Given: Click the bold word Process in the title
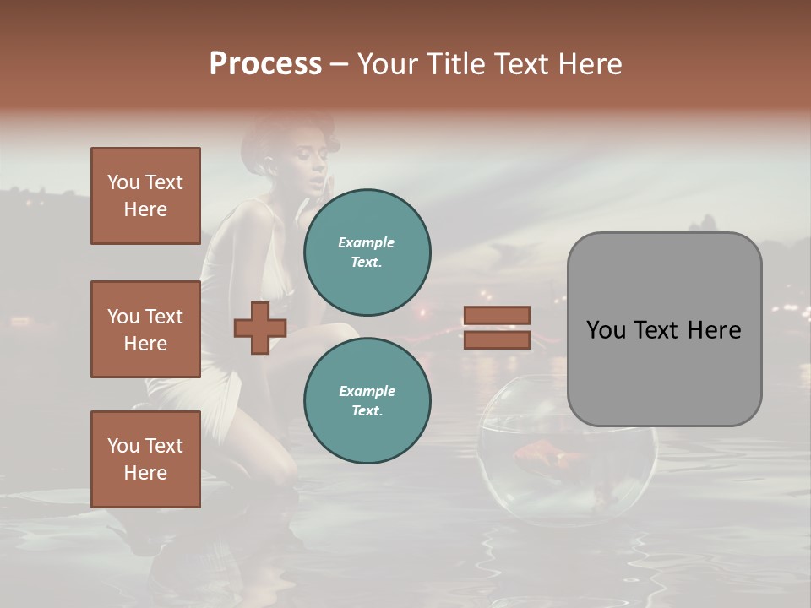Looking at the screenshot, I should pyautogui.click(x=265, y=63).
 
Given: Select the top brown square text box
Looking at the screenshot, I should pyautogui.click(x=145, y=196).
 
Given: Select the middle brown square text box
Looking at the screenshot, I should pyautogui.click(x=145, y=329).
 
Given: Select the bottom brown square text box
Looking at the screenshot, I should pyautogui.click(x=145, y=459).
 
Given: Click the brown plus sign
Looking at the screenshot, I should pyautogui.click(x=259, y=328).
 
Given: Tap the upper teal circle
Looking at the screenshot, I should pyautogui.click(x=367, y=252).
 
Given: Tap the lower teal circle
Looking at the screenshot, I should pyautogui.click(x=367, y=400).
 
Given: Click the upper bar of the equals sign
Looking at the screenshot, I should pyautogui.click(x=497, y=315).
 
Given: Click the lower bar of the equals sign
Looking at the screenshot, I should pyautogui.click(x=497, y=340).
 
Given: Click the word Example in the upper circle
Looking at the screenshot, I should pyautogui.click(x=366, y=242).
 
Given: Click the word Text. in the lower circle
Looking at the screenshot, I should pyautogui.click(x=367, y=410).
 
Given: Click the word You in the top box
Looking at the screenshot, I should pyautogui.click(x=123, y=182).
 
